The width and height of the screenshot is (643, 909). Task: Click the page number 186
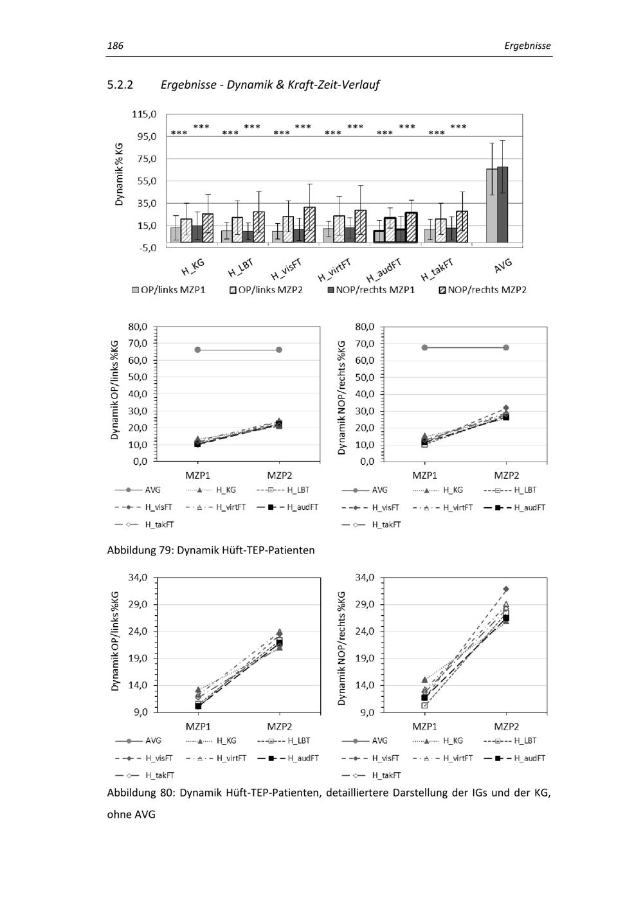click(115, 46)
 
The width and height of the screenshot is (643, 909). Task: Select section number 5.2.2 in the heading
click(120, 84)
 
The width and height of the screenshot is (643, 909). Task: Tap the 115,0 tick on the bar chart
click(144, 114)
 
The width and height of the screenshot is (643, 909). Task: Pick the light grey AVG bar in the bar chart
click(491, 206)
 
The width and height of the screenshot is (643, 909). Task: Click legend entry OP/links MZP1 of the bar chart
click(168, 290)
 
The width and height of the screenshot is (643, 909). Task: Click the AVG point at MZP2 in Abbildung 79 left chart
click(279, 350)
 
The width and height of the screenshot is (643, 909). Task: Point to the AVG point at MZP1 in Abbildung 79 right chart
click(424, 348)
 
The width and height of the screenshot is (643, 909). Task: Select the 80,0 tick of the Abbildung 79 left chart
click(138, 327)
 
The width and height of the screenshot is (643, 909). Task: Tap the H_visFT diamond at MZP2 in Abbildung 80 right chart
click(506, 589)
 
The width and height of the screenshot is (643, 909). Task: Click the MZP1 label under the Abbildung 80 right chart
click(424, 726)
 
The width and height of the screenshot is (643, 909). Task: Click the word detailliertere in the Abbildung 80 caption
click(355, 793)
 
